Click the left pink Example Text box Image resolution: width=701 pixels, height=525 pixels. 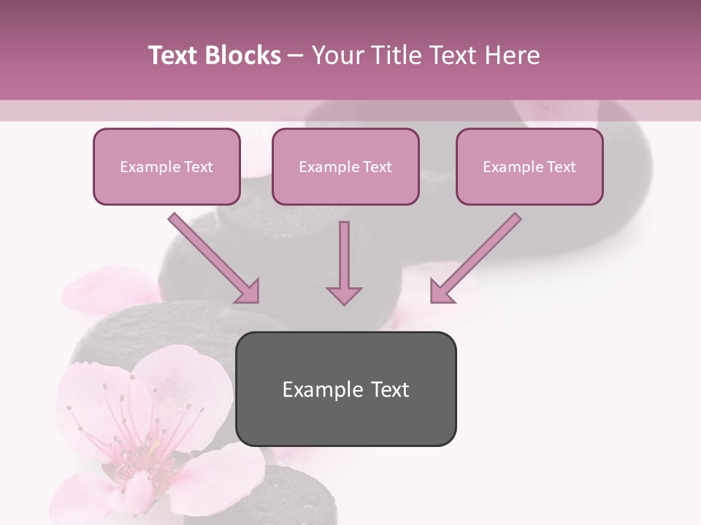coord(166,166)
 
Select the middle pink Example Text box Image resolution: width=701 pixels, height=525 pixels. coord(345,166)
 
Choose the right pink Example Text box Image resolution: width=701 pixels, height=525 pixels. coord(529,166)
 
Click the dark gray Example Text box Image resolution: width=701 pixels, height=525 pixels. coord(345,389)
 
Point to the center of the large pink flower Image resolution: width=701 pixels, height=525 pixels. coord(139,452)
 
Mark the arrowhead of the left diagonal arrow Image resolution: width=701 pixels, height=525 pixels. coord(248,292)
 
